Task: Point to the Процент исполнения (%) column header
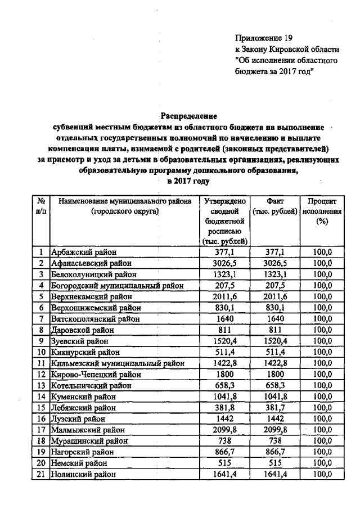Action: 322,211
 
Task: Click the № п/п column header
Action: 41,206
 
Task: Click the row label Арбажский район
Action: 82,253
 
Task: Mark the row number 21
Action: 41,475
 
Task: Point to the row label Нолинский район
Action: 84,475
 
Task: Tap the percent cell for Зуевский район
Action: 322,341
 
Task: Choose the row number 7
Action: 41,318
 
